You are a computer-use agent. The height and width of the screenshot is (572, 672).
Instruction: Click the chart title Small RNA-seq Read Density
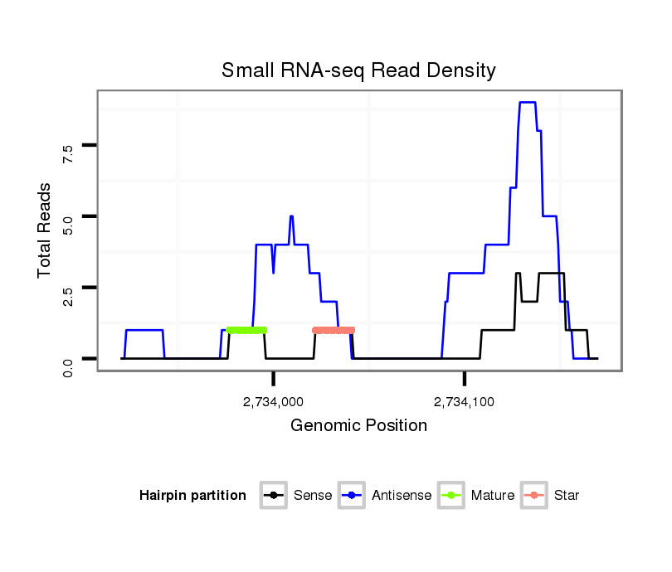tap(358, 70)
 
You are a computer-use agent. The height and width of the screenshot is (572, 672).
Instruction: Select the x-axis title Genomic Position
tap(358, 426)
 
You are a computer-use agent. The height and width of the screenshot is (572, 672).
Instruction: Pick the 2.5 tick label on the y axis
tap(68, 294)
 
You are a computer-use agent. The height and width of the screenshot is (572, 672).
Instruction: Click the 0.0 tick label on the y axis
tap(68, 366)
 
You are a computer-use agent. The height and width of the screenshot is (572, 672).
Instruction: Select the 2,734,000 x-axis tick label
tap(274, 403)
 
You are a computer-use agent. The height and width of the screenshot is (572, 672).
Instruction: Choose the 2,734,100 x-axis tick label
tap(465, 403)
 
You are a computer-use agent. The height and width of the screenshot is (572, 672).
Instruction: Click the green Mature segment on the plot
tap(246, 330)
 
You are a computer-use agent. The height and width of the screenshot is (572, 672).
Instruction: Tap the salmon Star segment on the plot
tap(334, 330)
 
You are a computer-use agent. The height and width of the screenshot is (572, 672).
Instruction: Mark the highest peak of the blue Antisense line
tap(528, 102)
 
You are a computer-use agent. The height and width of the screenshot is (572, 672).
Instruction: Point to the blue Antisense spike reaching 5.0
tap(291, 216)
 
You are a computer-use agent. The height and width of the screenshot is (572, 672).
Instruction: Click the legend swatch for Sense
tap(273, 496)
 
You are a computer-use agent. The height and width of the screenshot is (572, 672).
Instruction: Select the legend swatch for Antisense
tap(352, 496)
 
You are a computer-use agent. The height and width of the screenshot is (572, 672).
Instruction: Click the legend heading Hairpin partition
tap(192, 496)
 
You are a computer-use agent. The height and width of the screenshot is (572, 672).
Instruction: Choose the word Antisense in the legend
tap(401, 496)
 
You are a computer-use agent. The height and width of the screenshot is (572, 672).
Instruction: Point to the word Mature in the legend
tap(493, 496)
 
